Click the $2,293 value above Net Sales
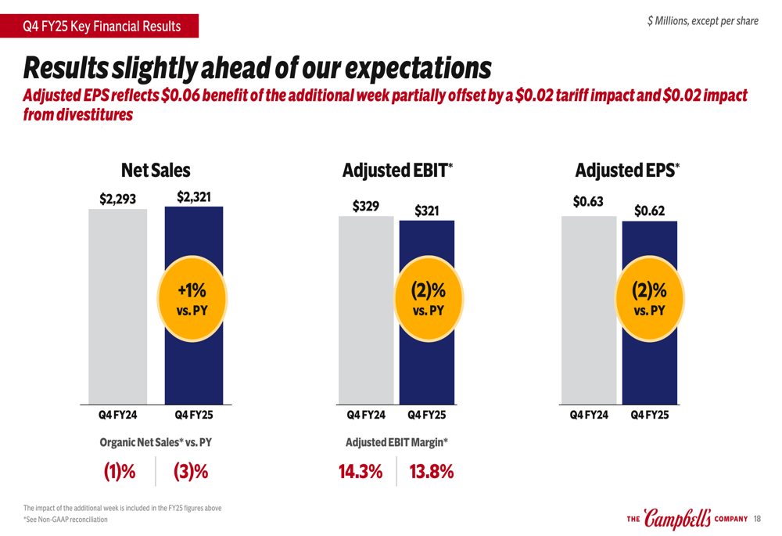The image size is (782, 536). [118, 199]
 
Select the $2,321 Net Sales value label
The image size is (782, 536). [193, 197]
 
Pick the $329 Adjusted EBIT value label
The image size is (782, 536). [366, 207]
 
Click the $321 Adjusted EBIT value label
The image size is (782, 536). [426, 210]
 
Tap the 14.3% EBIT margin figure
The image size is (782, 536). [361, 472]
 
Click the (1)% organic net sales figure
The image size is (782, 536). [120, 472]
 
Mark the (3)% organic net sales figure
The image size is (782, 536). [191, 472]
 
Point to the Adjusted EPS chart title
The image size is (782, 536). [627, 170]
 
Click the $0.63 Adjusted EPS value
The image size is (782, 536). [588, 202]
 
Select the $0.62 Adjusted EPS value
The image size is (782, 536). [649, 210]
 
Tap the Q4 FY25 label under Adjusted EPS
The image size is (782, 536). [650, 415]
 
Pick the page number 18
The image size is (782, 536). [758, 519]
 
